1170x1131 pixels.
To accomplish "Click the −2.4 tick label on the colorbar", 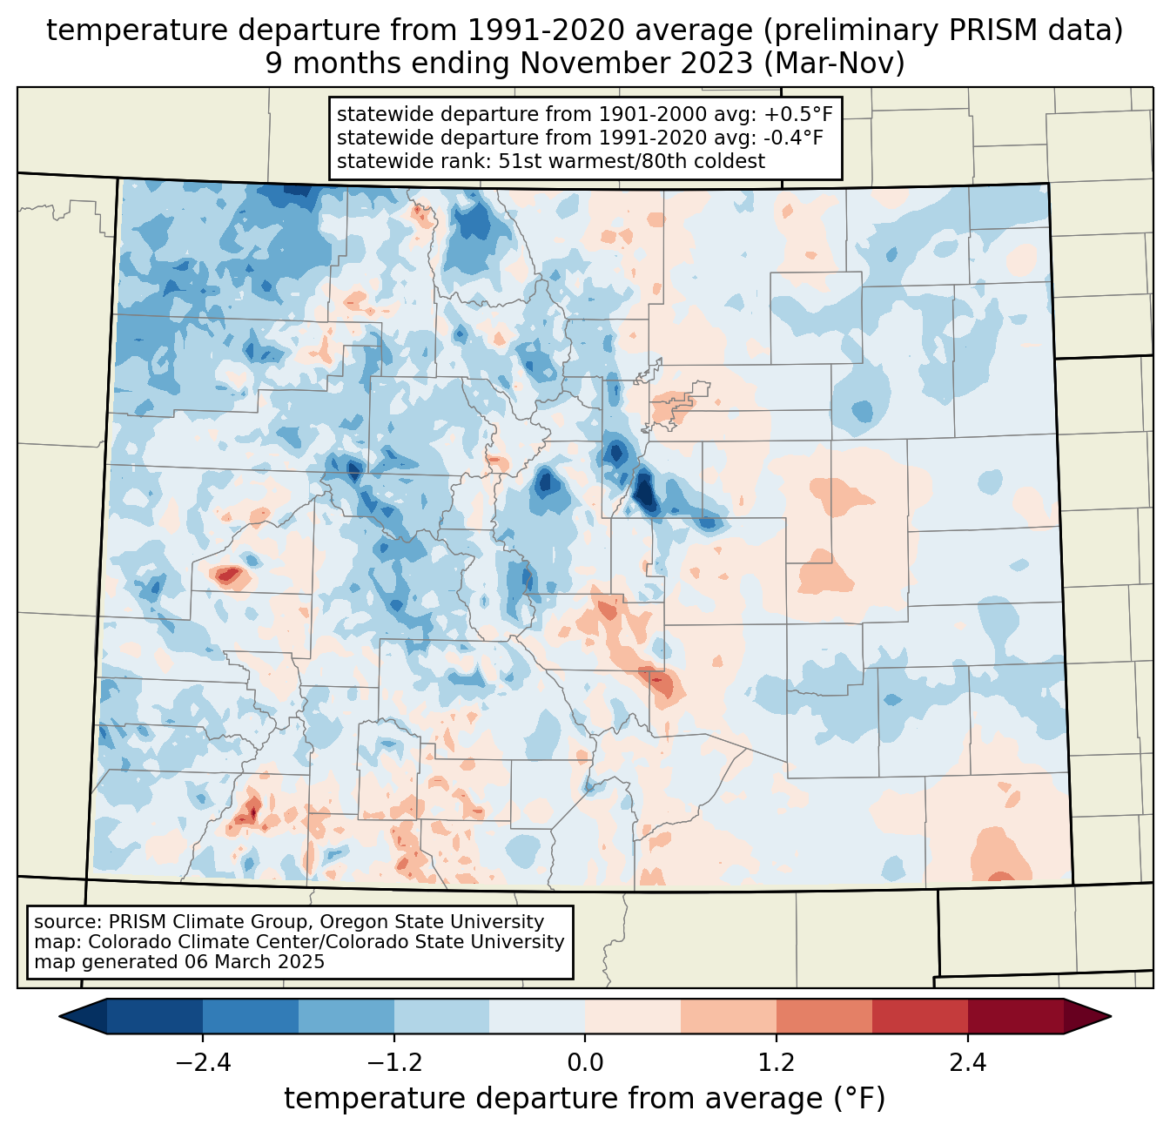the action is [x=203, y=1063].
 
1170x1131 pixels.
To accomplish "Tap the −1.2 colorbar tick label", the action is [x=394, y=1063].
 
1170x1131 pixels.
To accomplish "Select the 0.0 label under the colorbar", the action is [x=585, y=1063].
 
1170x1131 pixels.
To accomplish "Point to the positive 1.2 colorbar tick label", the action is [x=777, y=1063].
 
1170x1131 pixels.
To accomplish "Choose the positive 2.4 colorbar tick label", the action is [x=968, y=1063].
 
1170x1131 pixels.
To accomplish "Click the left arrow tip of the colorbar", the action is [x=59, y=1017].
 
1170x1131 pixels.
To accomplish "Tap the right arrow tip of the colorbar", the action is [x=1111, y=1017].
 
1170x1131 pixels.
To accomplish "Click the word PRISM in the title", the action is [x=983, y=30].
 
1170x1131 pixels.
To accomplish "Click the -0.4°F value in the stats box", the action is [x=793, y=138].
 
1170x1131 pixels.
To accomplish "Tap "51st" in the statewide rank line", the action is [x=517, y=161].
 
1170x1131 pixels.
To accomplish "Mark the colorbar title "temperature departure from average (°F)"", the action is [x=585, y=1098].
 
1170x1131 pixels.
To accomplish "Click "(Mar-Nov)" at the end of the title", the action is [x=834, y=64].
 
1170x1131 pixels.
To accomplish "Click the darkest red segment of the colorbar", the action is [x=1016, y=1017].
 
